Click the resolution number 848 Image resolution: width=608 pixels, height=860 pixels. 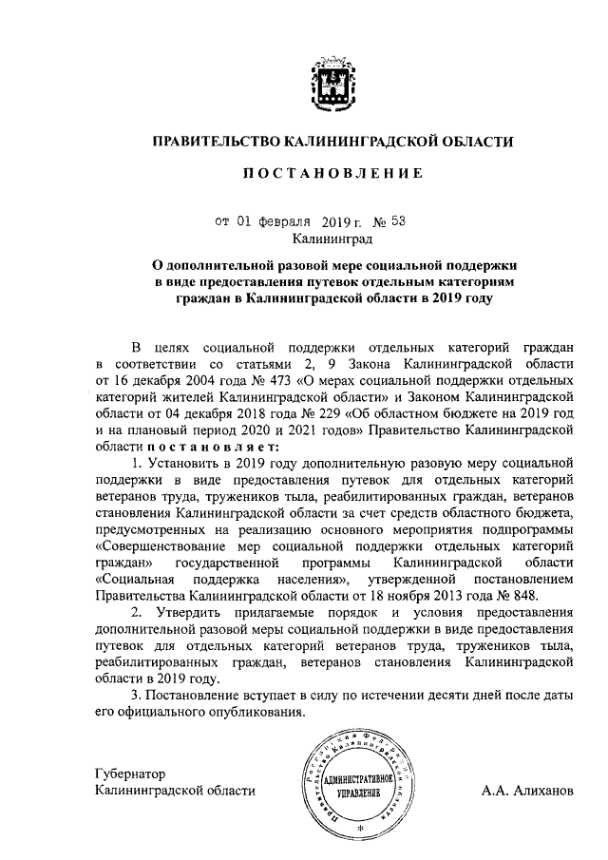(x=524, y=596)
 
